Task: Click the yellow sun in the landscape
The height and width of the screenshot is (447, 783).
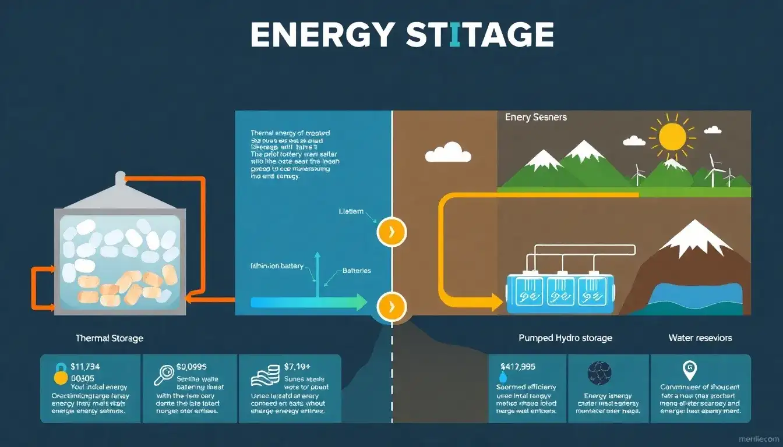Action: [x=675, y=136]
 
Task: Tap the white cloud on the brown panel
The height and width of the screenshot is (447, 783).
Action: [x=447, y=152]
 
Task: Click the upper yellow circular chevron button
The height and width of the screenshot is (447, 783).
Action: [x=391, y=232]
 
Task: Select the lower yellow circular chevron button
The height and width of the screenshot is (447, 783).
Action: [x=391, y=306]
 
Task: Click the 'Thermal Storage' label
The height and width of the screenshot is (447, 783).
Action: [x=109, y=338]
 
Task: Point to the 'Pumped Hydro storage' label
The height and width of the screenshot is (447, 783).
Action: [x=565, y=338]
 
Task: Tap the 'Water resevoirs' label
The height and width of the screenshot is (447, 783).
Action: [x=700, y=338]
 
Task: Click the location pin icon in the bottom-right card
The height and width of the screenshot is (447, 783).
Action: [x=689, y=370]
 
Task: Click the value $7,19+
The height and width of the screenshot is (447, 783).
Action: [x=298, y=367]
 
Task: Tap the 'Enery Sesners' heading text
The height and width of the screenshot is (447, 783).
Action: [x=535, y=117]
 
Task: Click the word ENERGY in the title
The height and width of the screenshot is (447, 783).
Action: [x=321, y=35]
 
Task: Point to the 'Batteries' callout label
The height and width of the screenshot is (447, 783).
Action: [x=357, y=271]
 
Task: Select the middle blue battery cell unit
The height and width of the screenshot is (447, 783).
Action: [x=560, y=292]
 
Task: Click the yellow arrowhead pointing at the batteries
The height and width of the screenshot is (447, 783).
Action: [x=496, y=302]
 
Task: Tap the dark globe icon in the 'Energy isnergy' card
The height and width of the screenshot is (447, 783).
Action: [x=599, y=373]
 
